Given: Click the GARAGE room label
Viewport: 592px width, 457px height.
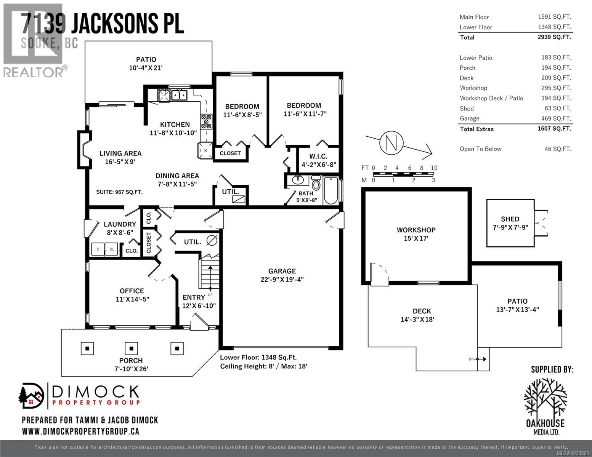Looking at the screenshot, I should tap(282, 271).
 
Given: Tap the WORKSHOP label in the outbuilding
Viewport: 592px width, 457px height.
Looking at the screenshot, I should tap(416, 230).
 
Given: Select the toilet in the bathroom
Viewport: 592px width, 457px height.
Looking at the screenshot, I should tap(316, 183).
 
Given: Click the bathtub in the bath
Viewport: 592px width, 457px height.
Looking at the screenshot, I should tap(330, 190).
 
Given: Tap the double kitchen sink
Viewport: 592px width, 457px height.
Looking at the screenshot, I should tap(179, 94).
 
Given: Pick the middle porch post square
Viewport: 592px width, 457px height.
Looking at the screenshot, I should tap(132, 348).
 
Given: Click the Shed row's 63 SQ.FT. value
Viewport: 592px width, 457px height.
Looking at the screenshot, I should tap(558, 108).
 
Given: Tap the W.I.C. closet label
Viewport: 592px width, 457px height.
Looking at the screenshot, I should tap(318, 157).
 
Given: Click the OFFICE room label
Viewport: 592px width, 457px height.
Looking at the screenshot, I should tap(132, 291).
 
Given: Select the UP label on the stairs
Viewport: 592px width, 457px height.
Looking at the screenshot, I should tap(210, 295).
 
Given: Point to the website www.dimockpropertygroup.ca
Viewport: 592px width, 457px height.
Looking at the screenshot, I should tap(80, 431).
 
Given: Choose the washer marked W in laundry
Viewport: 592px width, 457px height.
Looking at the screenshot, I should tap(112, 249).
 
